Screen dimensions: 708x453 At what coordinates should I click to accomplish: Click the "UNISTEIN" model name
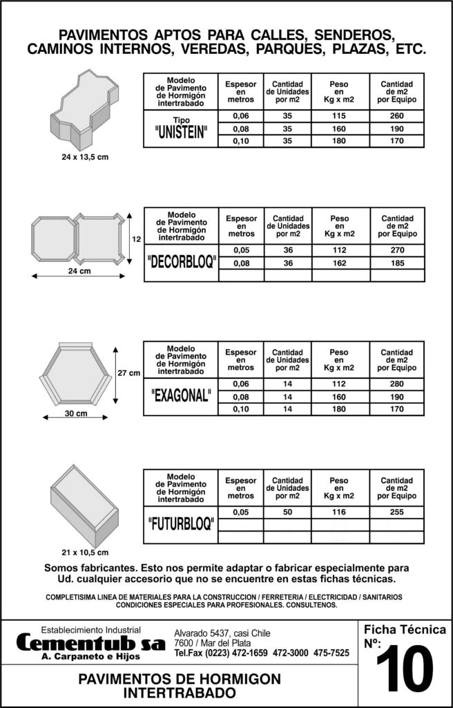coord(180,133)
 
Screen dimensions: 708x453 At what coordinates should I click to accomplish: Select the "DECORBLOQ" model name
coord(182,263)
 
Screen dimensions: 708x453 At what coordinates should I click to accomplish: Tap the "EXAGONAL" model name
coord(181,397)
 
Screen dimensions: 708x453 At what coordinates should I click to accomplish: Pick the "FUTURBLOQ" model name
coord(181,525)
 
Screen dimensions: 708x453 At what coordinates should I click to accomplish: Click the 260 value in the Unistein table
coord(396,116)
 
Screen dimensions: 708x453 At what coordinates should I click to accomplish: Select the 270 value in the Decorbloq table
coord(397,250)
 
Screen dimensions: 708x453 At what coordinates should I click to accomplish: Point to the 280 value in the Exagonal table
coord(396,384)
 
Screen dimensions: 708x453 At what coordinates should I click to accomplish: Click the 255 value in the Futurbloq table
coord(396,512)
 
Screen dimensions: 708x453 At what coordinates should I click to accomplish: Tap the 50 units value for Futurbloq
coord(287,512)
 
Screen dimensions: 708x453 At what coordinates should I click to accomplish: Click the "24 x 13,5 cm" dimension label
coord(85,157)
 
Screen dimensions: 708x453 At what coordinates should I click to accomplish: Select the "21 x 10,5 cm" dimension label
coord(85,552)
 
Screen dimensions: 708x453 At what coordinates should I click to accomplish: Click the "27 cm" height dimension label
coord(129,373)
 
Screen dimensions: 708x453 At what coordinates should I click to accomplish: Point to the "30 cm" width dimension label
coord(75,413)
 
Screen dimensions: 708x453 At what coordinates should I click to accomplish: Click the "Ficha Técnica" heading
coord(405,630)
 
